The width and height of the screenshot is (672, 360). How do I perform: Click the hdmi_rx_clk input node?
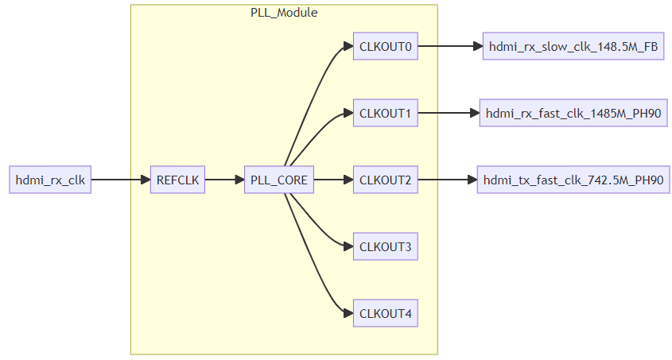pos(50,180)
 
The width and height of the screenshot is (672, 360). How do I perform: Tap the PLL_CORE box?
pos(278,180)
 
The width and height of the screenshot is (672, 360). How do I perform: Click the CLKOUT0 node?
pos(385,46)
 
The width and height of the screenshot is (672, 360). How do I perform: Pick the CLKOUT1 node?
pos(385,114)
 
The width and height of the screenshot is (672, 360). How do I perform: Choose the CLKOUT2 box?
pos(385,180)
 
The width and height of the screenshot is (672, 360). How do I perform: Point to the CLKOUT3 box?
pos(385,247)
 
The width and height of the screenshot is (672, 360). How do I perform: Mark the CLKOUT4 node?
pos(385,314)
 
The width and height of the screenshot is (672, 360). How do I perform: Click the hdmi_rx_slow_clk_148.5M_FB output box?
pos(573,46)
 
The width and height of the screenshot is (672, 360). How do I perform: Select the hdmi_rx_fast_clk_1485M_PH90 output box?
pos(573,114)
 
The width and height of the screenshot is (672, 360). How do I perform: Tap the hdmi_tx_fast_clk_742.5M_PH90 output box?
pos(573,180)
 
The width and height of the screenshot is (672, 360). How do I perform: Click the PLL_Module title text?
pos(284,13)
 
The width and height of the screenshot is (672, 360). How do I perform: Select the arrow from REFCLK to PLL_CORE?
pos(224,180)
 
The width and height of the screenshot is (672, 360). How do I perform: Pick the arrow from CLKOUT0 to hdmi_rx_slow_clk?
pos(449,46)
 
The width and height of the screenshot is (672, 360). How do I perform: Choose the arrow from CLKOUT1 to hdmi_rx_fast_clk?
pos(447,114)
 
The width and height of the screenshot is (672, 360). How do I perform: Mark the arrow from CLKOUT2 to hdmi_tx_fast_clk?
pos(446,180)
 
